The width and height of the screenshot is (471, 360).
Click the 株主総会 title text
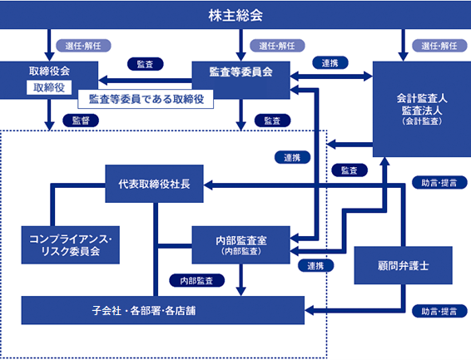tap(235, 15)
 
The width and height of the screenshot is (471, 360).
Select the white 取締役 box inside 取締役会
tap(49, 87)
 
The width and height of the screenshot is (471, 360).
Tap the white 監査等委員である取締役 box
tap(146, 99)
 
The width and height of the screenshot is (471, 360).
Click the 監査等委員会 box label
tap(240, 72)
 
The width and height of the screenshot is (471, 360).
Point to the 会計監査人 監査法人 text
tap(422, 105)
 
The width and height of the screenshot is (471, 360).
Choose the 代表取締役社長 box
tap(154, 184)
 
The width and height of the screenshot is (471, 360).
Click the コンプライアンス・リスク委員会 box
tap(70, 244)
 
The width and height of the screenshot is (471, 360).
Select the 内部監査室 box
tap(240, 244)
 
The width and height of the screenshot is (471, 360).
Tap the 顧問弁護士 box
tap(403, 265)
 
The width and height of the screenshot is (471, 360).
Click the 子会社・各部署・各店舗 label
tap(144, 310)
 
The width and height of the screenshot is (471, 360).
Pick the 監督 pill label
tap(81, 121)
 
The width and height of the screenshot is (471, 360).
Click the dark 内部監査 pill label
tap(196, 280)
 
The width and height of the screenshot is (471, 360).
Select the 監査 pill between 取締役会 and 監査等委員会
tap(146, 64)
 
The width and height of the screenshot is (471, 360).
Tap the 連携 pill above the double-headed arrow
tap(330, 62)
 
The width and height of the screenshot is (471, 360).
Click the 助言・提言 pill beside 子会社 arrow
tap(439, 311)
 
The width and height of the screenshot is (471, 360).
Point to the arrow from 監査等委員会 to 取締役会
tap(145, 81)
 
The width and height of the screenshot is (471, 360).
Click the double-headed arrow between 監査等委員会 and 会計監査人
tap(331, 76)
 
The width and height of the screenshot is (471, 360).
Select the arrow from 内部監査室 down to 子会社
tap(240, 280)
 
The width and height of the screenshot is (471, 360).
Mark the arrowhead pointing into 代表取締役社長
tap(208, 185)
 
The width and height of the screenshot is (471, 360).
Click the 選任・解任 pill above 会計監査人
tap(439, 46)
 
